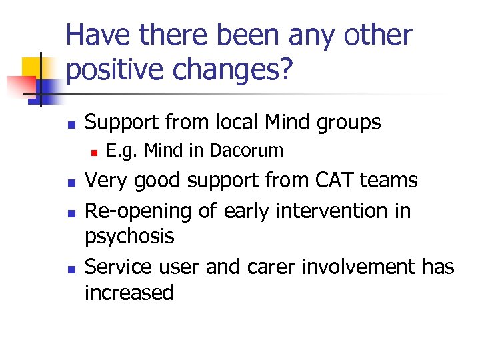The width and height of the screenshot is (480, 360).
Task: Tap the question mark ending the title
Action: (285, 70)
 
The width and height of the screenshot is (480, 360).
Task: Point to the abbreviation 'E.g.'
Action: (123, 151)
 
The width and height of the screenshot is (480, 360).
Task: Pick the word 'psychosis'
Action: (129, 237)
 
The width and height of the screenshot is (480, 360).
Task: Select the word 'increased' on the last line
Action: (129, 293)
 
